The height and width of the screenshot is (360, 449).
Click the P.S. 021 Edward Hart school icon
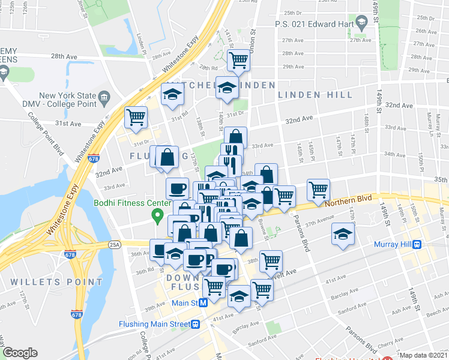361,25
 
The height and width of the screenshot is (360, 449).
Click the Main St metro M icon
203,303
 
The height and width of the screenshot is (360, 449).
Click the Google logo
20,353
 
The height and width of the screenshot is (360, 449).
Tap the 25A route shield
114,245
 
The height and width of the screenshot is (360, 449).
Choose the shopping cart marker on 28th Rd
238,59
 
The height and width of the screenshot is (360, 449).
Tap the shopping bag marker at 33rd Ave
236,137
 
